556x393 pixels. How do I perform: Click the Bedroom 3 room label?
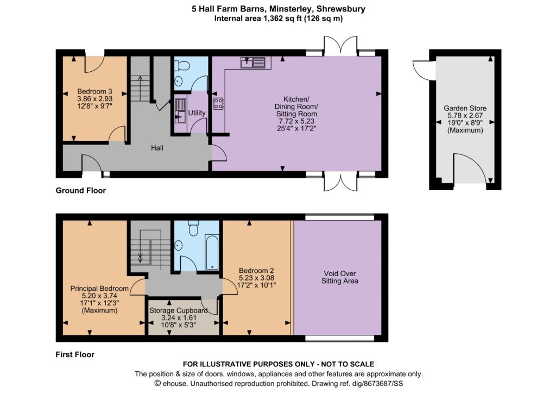pyautogui.click(x=94, y=92)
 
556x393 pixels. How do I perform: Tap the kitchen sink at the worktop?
pyautogui.click(x=252, y=63)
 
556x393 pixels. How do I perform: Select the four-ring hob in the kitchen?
pyautogui.click(x=218, y=103)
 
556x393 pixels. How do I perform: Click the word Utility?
pyautogui.click(x=197, y=113)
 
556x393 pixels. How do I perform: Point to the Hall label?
pyautogui.click(x=157, y=148)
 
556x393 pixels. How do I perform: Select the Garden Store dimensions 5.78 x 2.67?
pyautogui.click(x=465, y=116)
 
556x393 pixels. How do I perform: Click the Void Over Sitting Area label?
pyautogui.click(x=340, y=277)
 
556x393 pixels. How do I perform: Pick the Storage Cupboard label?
pyautogui.click(x=178, y=310)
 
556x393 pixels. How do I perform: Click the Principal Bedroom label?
pyautogui.click(x=99, y=289)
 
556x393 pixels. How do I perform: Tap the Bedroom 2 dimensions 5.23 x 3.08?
pyautogui.click(x=256, y=278)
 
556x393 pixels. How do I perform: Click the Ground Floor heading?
pyautogui.click(x=81, y=191)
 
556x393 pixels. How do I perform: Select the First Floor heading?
pyautogui.click(x=75, y=354)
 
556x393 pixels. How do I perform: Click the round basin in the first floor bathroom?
pyautogui.click(x=178, y=245)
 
